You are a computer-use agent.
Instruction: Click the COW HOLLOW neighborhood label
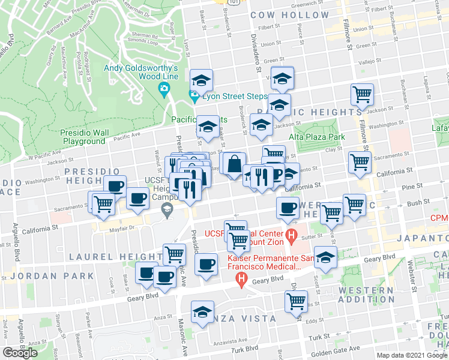click(289, 14)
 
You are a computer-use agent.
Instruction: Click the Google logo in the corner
click(20, 353)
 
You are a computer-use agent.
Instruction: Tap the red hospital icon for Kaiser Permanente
click(241, 278)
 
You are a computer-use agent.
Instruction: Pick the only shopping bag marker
click(234, 163)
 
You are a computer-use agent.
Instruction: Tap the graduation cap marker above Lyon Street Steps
click(202, 80)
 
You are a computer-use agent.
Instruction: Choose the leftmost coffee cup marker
click(115, 185)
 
